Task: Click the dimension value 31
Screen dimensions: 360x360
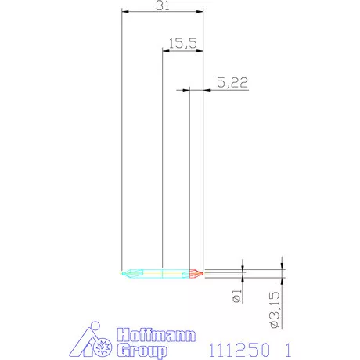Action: point(164,5)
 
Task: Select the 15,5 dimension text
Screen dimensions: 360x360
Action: point(181,44)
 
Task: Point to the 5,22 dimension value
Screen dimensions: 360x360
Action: point(228,82)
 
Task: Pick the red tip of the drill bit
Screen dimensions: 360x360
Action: point(197,273)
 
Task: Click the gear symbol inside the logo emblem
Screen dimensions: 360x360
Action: point(103,347)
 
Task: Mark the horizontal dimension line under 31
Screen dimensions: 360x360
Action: point(163,12)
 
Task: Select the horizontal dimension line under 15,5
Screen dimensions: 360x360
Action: point(182,50)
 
